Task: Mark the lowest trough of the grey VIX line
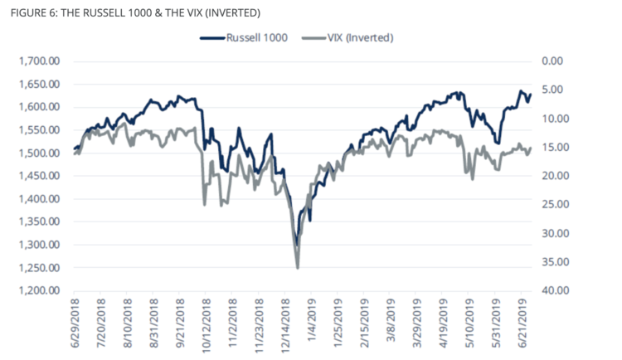click(x=297, y=267)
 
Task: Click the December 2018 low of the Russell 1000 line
click(x=296, y=246)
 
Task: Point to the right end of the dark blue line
click(x=531, y=94)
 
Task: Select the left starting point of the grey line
click(x=74, y=154)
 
